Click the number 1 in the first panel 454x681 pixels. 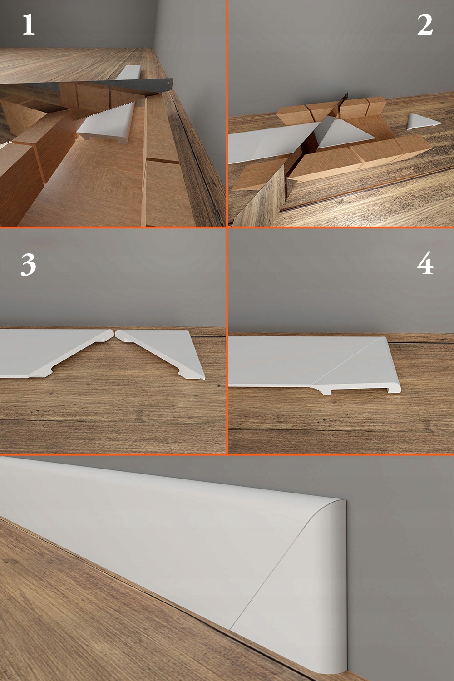pos(28,25)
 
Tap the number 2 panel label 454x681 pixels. pos(425,25)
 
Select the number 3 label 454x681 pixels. pos(28,265)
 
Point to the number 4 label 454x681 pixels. pos(425,265)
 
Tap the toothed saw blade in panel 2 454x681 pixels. pos(326,127)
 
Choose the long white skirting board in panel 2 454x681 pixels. pos(259,148)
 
